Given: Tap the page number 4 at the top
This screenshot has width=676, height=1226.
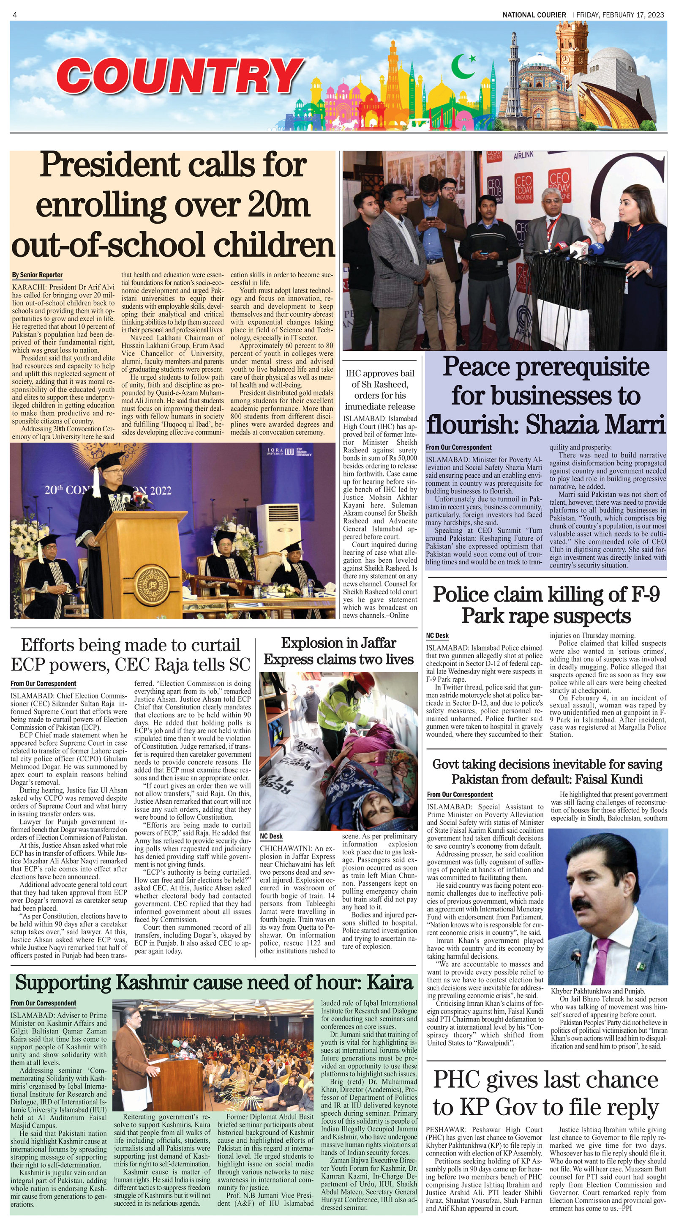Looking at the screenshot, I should (x=15, y=15).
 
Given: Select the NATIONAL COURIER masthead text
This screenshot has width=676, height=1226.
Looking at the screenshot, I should (x=534, y=15).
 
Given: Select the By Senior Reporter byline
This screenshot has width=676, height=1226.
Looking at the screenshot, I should (x=37, y=275).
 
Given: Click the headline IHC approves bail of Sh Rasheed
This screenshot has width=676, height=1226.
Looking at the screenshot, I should (x=380, y=390).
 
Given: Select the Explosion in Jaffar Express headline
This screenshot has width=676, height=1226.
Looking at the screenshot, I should (x=338, y=651).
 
